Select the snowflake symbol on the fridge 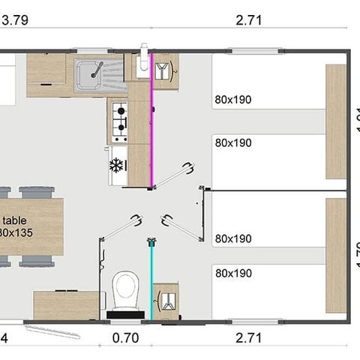coord(116,166)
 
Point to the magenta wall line coord(153,120)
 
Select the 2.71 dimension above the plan coord(248,19)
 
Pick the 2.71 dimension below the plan coord(248,339)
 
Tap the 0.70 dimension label coord(124,339)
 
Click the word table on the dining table coord(14,220)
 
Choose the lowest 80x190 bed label coord(232,274)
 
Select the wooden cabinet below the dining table coord(66,304)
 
